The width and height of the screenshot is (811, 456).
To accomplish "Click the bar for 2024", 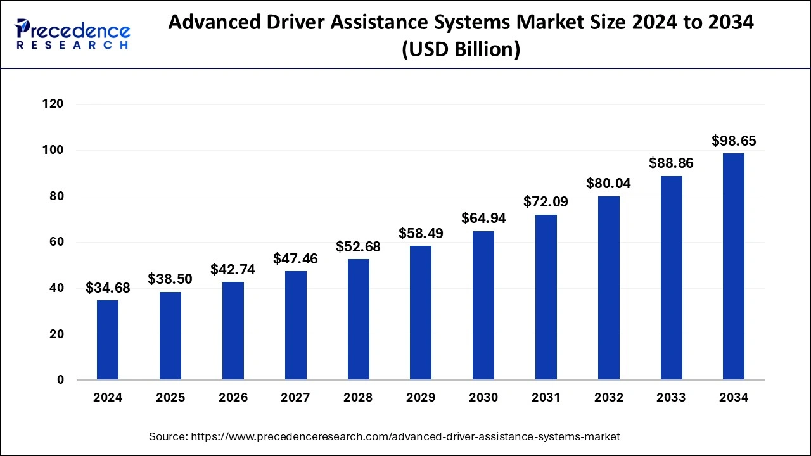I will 108,340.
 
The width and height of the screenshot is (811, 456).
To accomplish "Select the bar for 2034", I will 734,267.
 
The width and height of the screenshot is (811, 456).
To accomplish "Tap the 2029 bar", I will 421,313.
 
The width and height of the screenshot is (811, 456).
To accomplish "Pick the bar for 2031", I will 546,297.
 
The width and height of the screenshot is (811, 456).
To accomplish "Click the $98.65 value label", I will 734,141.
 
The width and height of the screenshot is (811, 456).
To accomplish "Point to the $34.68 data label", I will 108,288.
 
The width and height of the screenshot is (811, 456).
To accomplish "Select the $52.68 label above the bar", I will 358,246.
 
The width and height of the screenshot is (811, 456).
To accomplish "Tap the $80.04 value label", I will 608,184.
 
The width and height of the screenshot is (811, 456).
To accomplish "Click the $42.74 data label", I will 233,269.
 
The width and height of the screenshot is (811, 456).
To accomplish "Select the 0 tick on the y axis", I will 60,380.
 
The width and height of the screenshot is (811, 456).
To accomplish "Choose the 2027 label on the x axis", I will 295,398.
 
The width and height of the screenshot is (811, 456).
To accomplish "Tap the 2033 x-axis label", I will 671,398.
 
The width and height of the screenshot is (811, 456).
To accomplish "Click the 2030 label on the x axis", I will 483,398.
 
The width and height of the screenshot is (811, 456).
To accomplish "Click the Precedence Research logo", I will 73,34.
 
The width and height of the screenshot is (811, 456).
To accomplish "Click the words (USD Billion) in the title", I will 461,49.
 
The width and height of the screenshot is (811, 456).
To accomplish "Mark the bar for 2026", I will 233,331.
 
